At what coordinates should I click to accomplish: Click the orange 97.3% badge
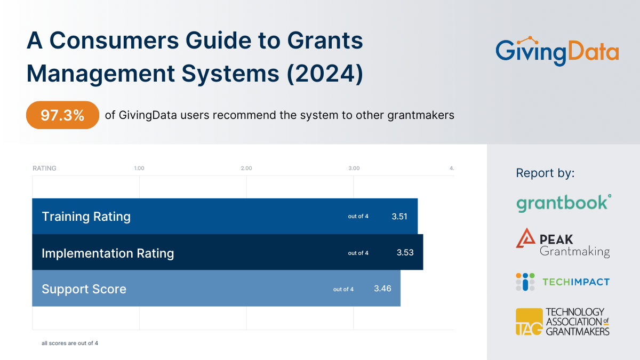tap(62, 115)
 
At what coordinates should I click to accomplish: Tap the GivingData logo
tap(557, 51)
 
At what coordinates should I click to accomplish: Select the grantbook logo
tap(563, 203)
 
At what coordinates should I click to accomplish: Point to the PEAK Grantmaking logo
tap(563, 243)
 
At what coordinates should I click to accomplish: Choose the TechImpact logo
tap(563, 282)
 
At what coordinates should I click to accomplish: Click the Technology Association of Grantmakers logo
tap(563, 322)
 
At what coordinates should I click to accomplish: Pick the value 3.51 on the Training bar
tap(399, 217)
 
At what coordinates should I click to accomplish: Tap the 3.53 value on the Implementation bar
tap(405, 253)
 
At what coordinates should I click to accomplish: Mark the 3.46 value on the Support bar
tap(382, 289)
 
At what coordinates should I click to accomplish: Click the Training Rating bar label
tap(86, 217)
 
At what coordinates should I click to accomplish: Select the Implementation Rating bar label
tap(108, 253)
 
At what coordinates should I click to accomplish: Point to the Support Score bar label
tap(84, 289)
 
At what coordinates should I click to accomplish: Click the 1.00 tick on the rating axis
tap(139, 168)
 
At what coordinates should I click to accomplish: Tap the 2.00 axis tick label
tap(246, 168)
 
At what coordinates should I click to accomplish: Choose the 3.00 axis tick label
tap(354, 168)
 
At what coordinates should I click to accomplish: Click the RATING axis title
tap(44, 168)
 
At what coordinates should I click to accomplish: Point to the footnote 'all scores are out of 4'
tap(70, 343)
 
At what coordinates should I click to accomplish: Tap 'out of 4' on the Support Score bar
tap(343, 289)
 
